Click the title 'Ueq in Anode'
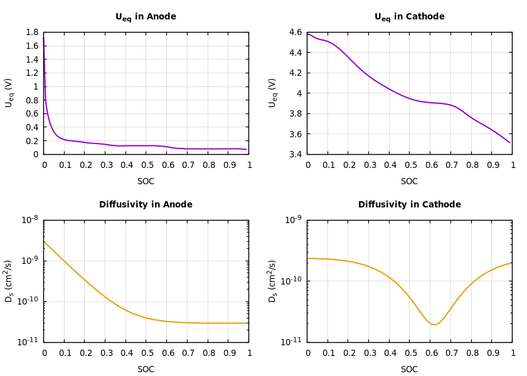click(x=146, y=17)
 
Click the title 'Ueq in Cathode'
click(x=409, y=17)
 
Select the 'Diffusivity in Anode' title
click(x=146, y=205)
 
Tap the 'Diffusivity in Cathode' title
click(x=409, y=205)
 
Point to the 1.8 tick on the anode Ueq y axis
click(x=31, y=33)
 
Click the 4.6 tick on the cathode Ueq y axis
click(x=295, y=33)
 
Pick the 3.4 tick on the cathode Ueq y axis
click(x=295, y=154)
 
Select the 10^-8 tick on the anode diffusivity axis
click(x=29, y=220)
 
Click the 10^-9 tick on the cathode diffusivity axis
click(x=293, y=220)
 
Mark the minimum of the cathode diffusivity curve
click(x=434, y=325)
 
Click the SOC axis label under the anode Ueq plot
click(x=146, y=182)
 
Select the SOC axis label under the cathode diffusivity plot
click(x=409, y=370)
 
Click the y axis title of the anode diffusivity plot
click(x=9, y=281)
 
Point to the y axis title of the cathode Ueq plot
click(x=273, y=93)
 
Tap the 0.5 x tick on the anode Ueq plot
click(x=147, y=165)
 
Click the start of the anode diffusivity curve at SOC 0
click(x=44, y=241)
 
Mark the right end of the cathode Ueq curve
click(x=510, y=143)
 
